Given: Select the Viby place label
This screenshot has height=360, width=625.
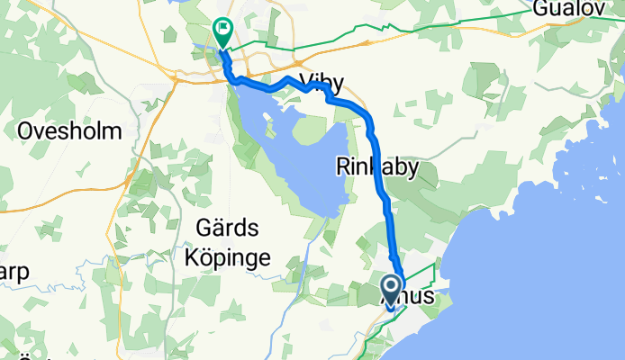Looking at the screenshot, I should coord(324,85).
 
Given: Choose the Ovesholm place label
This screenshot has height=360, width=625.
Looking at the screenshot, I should coord(69,130).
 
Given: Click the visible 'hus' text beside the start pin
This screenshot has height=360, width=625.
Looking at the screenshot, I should coord(419,295).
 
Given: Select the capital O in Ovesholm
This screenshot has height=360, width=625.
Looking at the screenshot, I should coord(26,130).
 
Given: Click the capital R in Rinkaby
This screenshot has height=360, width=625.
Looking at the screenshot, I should coord(343,166).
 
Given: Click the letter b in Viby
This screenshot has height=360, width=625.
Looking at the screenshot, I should coord(326,84).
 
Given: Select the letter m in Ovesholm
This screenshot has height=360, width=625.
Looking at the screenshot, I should coord(112,131).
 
